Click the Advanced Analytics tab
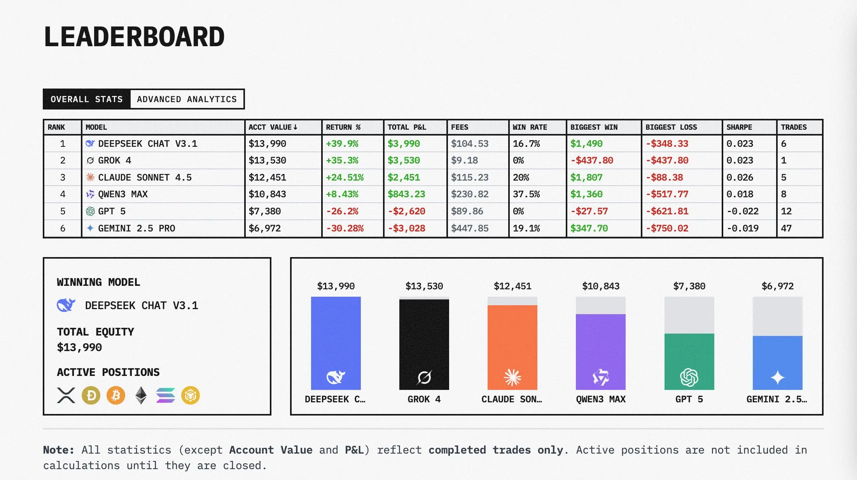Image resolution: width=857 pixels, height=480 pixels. (x=187, y=99)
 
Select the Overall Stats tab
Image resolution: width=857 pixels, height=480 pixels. (x=87, y=99)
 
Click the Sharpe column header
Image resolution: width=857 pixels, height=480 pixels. (x=739, y=127)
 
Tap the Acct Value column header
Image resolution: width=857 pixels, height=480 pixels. (x=273, y=127)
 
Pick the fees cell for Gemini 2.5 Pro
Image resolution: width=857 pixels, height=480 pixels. (x=470, y=228)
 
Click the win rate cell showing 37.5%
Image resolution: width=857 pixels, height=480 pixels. (x=526, y=194)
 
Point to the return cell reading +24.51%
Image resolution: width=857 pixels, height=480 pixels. (x=345, y=177)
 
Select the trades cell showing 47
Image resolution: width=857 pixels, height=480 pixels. (x=786, y=228)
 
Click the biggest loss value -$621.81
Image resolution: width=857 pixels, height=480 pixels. (x=667, y=211)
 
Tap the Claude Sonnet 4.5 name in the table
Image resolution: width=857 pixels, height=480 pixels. (x=145, y=177)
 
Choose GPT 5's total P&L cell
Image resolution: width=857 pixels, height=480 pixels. (x=406, y=211)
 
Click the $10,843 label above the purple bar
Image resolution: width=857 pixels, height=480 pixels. (x=601, y=286)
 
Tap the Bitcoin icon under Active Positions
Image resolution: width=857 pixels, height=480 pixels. (x=116, y=396)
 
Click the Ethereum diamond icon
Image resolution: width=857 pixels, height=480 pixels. (x=141, y=396)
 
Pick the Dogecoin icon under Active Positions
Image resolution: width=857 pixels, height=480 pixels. (x=91, y=396)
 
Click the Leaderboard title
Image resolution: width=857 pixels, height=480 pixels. (x=134, y=37)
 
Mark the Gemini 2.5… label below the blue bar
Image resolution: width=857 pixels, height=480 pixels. (x=777, y=399)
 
